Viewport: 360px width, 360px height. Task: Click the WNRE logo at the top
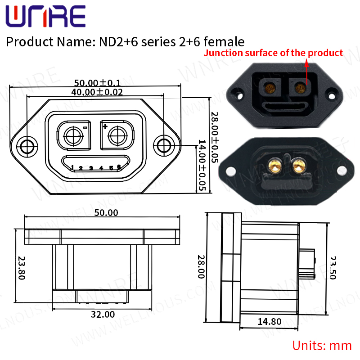(x=45, y=17)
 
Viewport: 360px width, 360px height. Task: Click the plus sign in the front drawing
(x=105, y=127)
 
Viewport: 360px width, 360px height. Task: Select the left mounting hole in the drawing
(x=27, y=146)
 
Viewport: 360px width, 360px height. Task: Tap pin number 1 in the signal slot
(x=72, y=167)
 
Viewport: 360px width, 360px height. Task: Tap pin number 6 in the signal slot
(x=119, y=167)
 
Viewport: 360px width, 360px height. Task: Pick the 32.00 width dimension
(x=103, y=315)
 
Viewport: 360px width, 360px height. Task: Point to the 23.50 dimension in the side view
(x=333, y=268)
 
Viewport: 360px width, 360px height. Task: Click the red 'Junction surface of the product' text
(x=274, y=53)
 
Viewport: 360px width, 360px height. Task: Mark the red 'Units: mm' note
(x=322, y=346)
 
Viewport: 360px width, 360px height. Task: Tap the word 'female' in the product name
(x=224, y=42)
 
